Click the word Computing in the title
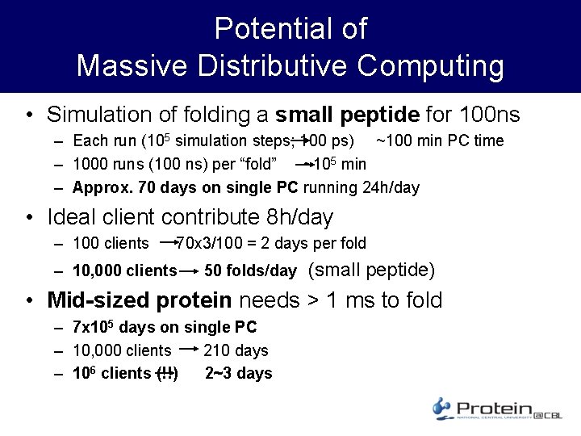431,65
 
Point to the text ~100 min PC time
440,141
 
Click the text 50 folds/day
250,270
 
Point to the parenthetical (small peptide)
372,270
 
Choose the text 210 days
236,350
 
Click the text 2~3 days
239,373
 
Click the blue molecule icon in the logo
442,408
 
